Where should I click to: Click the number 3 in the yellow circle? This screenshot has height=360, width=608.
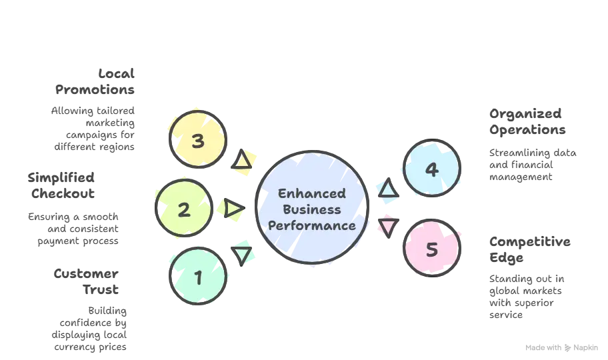click(197, 141)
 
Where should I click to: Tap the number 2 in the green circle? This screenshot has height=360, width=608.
click(184, 210)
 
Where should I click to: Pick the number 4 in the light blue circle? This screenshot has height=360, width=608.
click(431, 169)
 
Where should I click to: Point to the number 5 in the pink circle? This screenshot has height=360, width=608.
click(431, 250)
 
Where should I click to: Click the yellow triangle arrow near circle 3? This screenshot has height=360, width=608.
click(245, 160)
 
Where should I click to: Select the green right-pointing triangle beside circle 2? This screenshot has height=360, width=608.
click(233, 210)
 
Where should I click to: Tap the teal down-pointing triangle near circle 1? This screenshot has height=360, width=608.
click(244, 253)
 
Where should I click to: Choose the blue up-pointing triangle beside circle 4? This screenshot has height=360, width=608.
click(387, 189)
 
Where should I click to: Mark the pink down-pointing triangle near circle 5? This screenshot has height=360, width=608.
click(387, 227)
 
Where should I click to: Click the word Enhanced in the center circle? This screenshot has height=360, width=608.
click(312, 194)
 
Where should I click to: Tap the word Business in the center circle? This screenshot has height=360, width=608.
click(312, 209)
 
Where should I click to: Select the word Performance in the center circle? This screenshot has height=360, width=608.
click(312, 225)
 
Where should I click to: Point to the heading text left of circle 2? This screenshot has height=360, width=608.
click(62, 186)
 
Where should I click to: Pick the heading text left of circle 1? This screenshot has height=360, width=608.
click(88, 281)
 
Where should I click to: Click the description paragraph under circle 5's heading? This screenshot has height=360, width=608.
click(527, 293)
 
